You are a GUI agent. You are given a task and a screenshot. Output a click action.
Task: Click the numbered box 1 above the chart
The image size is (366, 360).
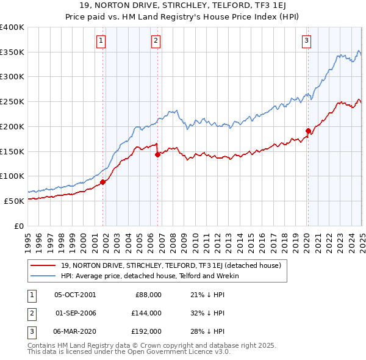point(100,41)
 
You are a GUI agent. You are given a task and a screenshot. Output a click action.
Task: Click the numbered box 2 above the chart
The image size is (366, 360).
point(156,41)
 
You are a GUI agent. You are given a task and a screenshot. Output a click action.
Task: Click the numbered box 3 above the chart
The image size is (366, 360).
point(306,41)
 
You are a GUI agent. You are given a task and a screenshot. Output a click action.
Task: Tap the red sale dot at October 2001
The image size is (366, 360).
point(103,182)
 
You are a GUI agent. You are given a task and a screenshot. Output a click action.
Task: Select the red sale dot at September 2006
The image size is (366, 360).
point(157,154)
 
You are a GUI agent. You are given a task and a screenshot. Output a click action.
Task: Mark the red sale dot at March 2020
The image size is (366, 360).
point(308,131)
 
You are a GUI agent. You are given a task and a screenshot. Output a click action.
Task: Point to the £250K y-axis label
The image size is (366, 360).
point(12,101)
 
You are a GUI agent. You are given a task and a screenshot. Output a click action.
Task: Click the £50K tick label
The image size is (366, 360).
point(14,201)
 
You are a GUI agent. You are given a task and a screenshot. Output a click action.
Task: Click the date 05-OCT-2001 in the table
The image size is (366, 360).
point(75,295)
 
